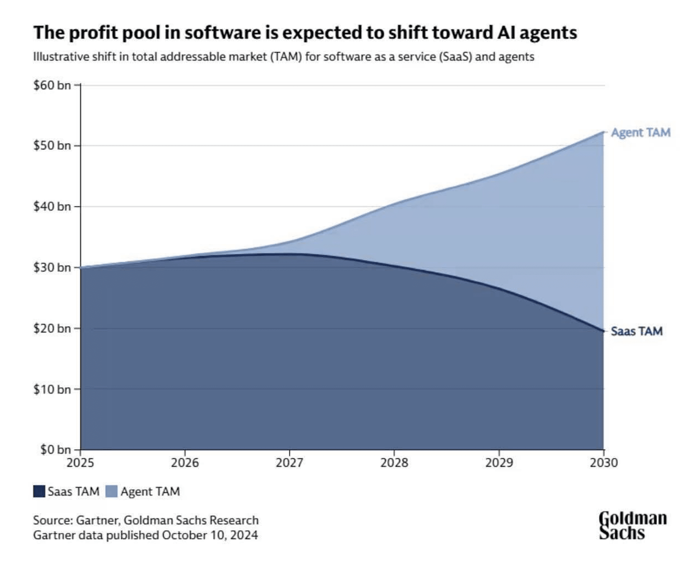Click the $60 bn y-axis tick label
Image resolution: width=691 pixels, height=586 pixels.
coord(52,85)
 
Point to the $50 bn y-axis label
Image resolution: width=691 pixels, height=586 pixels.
coord(52,146)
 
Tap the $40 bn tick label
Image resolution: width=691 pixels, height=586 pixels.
coord(52,206)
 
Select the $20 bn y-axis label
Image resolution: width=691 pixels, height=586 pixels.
coord(52,328)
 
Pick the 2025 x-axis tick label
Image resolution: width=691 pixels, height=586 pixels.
coord(80,462)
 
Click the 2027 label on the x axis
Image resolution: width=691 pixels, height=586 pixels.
coord(289,462)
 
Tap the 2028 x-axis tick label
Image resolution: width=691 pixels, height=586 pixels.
coord(394,462)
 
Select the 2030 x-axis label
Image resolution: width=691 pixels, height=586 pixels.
coord(604,462)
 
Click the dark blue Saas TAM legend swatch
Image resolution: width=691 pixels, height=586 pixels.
coord(39,491)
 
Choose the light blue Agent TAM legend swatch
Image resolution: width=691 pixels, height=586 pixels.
coord(112,491)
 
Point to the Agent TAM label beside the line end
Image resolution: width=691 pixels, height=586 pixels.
coord(641,133)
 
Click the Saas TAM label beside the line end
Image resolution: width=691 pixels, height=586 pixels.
coord(637,331)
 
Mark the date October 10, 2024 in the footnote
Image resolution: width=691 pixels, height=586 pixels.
coord(210,535)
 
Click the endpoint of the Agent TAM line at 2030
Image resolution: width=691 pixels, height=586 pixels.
coord(603,132)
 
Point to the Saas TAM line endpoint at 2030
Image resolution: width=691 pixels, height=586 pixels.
coord(603,331)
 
